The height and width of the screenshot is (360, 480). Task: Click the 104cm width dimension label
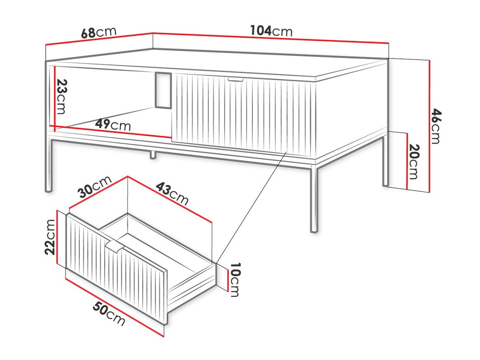271,31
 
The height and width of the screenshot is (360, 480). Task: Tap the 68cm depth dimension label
98,32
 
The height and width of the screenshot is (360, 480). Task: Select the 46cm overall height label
436,126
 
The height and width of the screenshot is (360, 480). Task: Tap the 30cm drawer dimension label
95,188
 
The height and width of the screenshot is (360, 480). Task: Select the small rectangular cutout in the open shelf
163,91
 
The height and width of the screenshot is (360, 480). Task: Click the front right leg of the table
314,198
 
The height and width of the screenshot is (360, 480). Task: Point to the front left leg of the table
49,165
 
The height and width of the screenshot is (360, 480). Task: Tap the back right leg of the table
385,161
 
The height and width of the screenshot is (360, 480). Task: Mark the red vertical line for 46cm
429,126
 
